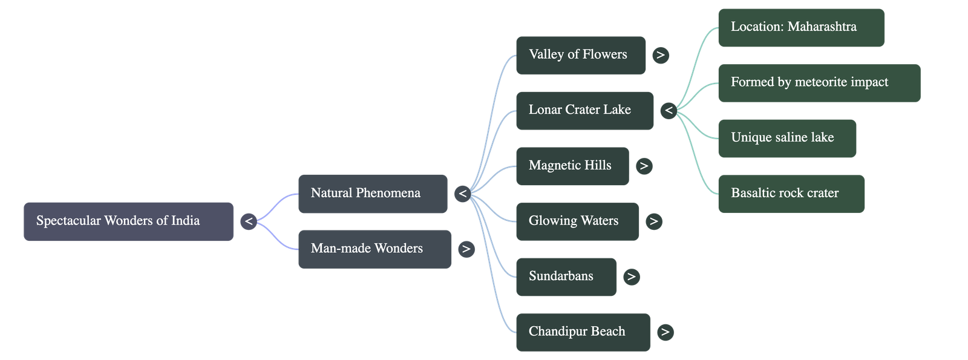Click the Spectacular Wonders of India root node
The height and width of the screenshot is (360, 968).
pos(128,221)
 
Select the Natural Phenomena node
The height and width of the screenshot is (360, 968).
pos(373,194)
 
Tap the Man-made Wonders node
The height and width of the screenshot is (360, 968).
pos(374,249)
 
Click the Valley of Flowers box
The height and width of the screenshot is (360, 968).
pos(580,55)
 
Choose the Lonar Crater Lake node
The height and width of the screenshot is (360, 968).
pos(584,111)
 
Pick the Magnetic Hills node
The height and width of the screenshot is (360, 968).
pos(572,166)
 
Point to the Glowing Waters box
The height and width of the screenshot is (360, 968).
pos(577,221)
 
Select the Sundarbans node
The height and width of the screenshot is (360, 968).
pos(566,277)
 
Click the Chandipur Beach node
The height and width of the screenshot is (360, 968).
pos(583,332)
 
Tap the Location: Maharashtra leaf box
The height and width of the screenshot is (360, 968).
pos(800,27)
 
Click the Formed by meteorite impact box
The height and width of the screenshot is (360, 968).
pos(819,82)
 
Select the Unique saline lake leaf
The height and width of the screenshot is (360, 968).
pos(786,138)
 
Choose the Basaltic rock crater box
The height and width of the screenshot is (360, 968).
pos(791,194)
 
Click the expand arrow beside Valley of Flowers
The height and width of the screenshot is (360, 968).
pos(661,55)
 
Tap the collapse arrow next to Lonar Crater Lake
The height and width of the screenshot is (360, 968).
pos(669,111)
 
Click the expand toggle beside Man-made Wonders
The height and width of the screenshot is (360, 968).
pos(466,249)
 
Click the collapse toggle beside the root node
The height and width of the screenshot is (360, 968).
pos(249,221)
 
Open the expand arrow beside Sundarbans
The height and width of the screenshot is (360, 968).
pos(631,277)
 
